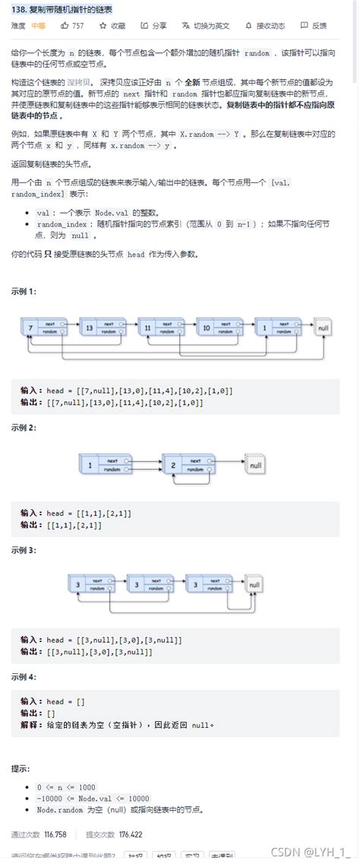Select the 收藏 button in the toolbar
pos(113,25)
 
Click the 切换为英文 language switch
pos(207,25)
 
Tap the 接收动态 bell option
pos(267,25)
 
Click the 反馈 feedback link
pos(316,25)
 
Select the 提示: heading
pos(21,769)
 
